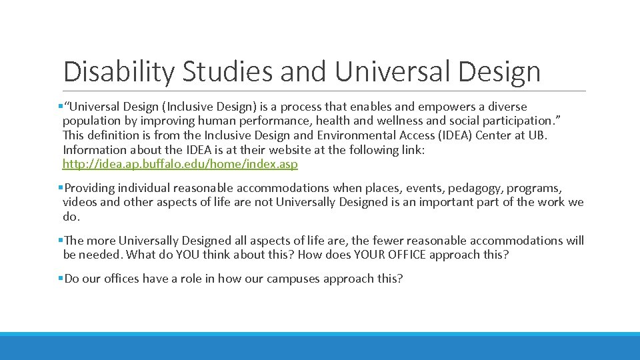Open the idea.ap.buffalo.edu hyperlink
point(180,164)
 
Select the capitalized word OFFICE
point(401,255)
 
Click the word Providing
point(91,188)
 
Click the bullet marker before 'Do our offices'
point(60,279)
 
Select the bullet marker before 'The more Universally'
point(60,241)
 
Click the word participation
point(507,121)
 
